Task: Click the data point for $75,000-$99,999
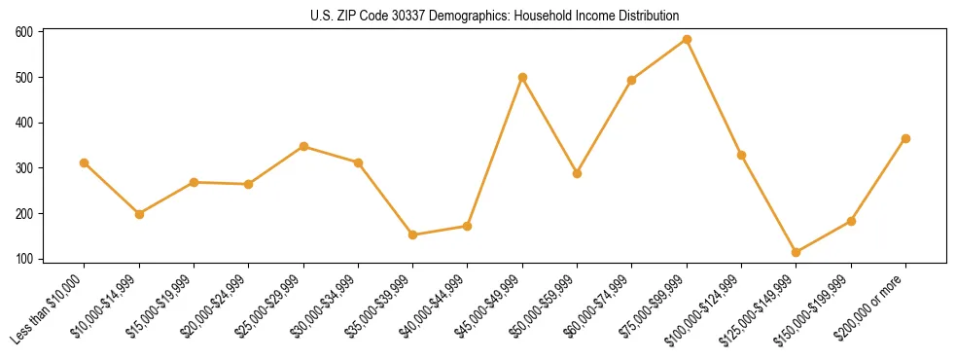[687, 40]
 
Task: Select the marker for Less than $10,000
[85, 162]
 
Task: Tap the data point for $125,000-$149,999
[797, 252]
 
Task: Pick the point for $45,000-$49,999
[522, 77]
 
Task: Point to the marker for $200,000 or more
[905, 138]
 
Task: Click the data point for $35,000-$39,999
[413, 234]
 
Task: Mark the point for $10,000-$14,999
[139, 214]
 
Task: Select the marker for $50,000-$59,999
[577, 173]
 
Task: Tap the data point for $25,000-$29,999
[303, 146]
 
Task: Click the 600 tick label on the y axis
[24, 32]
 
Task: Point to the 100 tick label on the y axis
[24, 259]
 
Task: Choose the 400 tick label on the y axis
[24, 123]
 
